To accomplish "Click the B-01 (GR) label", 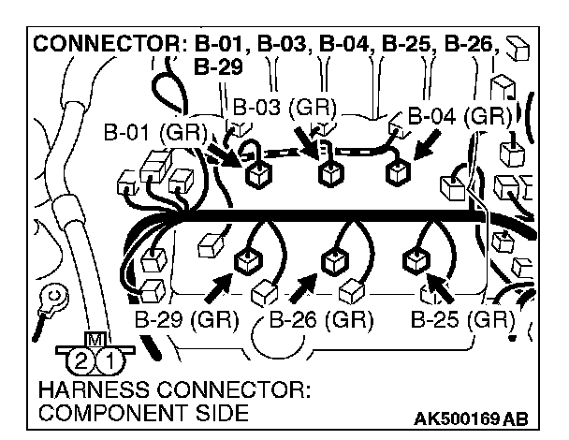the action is [x=154, y=132].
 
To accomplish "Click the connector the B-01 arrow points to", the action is [x=255, y=175].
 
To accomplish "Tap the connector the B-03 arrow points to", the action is [x=328, y=173].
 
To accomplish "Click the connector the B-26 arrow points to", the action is [x=331, y=262].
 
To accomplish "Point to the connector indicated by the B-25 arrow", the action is [x=413, y=260].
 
